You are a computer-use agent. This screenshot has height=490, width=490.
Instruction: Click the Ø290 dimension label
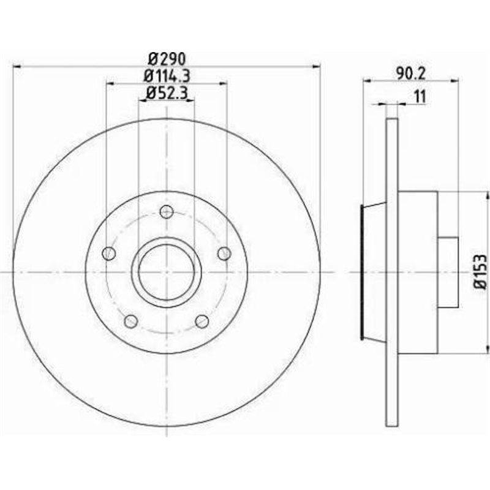(x=167, y=59)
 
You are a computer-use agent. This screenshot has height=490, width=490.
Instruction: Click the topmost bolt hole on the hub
(x=166, y=212)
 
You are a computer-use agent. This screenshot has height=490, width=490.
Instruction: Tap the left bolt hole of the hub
(x=109, y=253)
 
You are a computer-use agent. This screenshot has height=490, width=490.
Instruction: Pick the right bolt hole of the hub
(x=224, y=253)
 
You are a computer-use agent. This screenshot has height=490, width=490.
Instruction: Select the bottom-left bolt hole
(x=130, y=321)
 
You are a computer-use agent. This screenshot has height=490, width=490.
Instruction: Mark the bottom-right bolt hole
(x=202, y=321)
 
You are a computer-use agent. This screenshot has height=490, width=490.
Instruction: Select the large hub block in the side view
(x=418, y=272)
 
